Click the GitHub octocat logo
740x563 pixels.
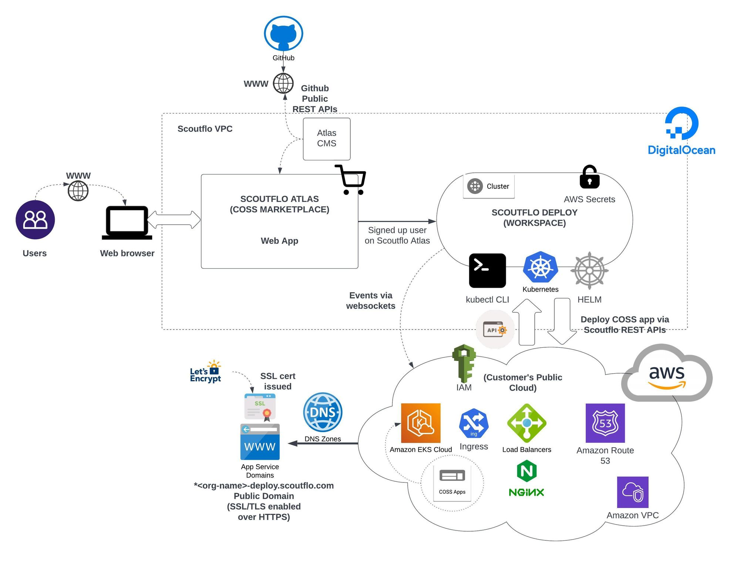283,33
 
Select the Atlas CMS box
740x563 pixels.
326,139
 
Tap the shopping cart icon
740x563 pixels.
351,180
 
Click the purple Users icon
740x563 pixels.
35,220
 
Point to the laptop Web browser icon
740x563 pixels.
127,222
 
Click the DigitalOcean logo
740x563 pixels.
682,131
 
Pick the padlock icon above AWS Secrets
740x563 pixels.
589,177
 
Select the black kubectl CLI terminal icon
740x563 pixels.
487,270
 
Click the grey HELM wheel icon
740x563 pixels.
589,271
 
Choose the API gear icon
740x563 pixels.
495,330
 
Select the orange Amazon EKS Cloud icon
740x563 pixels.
421,423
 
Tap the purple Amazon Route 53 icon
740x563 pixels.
605,423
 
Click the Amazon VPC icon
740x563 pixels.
633,492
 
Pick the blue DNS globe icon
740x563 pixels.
323,412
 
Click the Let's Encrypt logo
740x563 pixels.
206,372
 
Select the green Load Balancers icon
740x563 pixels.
527,423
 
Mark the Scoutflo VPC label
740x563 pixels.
205,129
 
